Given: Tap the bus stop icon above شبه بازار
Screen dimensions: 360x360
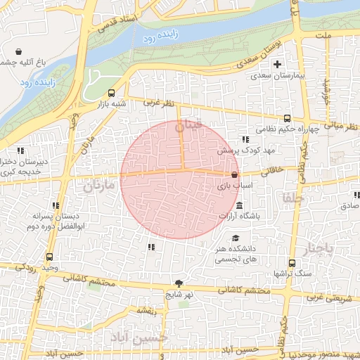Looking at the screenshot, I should click(111, 93).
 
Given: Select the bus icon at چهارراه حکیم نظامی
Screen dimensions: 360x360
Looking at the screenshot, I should click(286, 119).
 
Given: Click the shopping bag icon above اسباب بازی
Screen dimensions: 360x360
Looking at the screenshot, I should click(234, 174).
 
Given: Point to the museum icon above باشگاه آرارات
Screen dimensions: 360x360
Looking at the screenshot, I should click(239, 205).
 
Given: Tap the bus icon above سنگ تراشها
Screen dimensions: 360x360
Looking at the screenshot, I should click(288, 261).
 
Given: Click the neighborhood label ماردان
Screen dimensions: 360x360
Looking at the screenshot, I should click(98, 186).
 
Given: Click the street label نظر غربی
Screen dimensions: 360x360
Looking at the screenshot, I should click(158, 103).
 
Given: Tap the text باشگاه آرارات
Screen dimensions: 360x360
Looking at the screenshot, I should click(240, 216).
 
